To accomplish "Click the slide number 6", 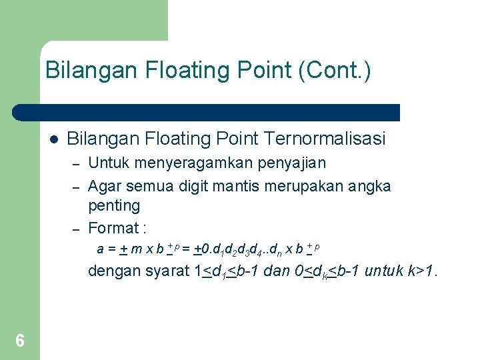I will click(x=20, y=341).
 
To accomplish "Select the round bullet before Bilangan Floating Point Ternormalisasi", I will click(x=53, y=139).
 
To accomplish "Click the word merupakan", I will click(x=304, y=185).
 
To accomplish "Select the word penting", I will click(x=113, y=206).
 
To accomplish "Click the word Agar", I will click(x=103, y=185).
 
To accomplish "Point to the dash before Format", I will click(x=76, y=229).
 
